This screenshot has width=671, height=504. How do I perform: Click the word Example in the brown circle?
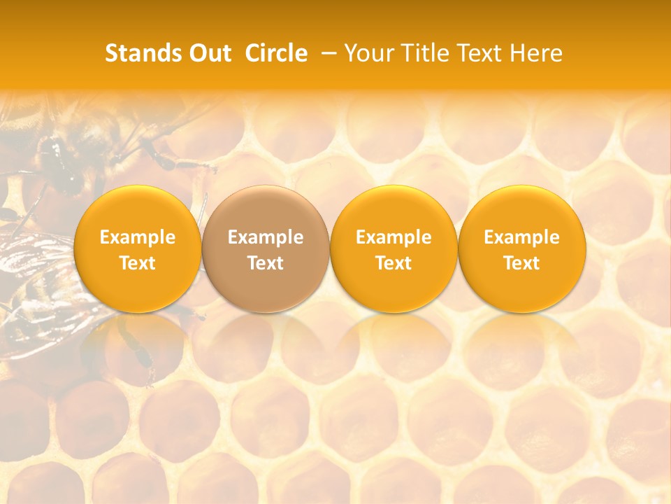266,237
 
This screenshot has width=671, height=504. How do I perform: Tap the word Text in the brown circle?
266,263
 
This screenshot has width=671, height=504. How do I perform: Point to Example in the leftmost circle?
138,237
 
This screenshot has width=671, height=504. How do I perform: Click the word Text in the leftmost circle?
138,263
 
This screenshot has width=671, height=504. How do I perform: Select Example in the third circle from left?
394,237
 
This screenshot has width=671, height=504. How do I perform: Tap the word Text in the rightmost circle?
521,263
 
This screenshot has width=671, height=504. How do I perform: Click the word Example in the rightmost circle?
521,237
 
